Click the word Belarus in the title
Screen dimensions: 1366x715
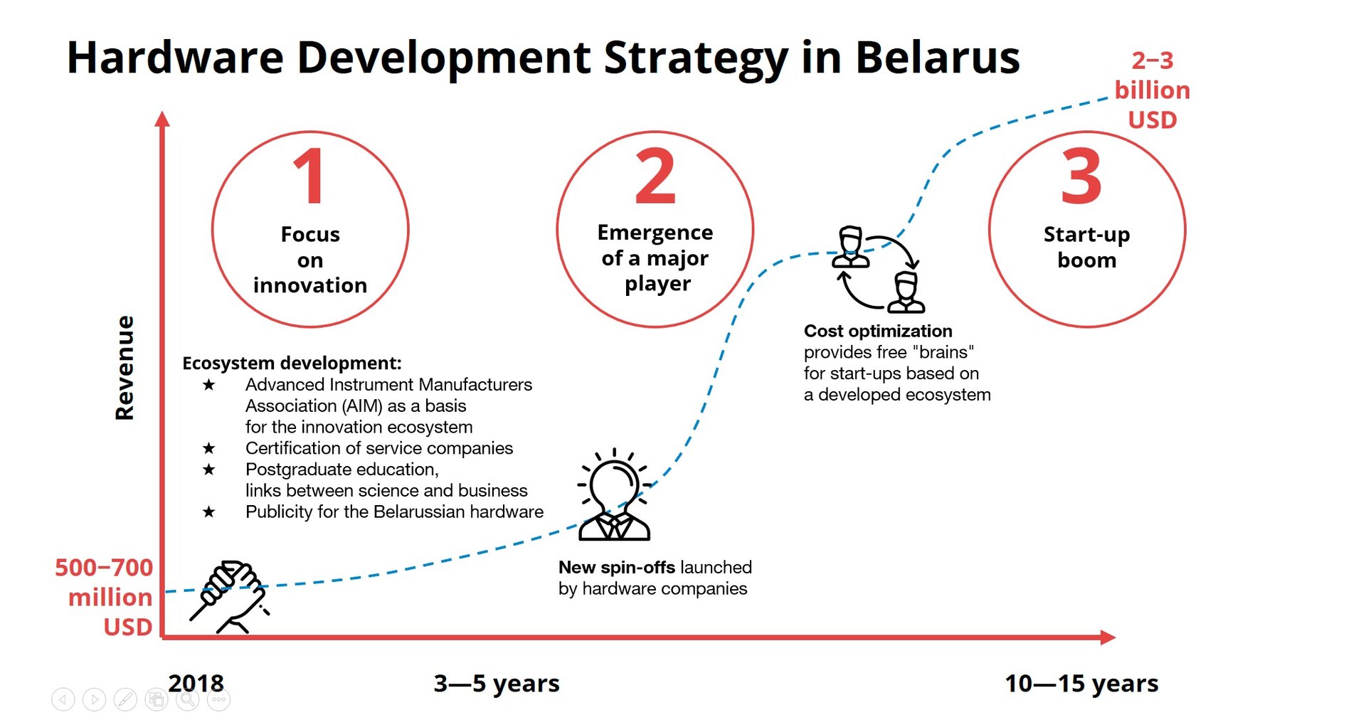(x=937, y=57)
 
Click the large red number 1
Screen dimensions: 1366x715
(x=309, y=176)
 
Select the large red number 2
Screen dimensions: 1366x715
(x=655, y=176)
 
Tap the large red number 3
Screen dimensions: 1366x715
(x=1081, y=176)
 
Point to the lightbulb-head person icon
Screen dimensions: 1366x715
(x=614, y=495)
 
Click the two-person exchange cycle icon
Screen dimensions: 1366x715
(x=879, y=270)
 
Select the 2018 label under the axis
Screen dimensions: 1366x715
(x=196, y=683)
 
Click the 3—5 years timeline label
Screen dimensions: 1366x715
(x=497, y=683)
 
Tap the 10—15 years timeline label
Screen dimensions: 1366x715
(x=1081, y=683)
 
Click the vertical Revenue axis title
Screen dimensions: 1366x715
(x=125, y=368)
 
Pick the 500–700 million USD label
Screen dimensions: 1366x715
(x=104, y=597)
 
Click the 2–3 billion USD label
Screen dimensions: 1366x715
(x=1153, y=90)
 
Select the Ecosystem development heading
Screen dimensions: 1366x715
(x=292, y=363)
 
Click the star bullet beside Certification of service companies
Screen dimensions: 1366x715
(x=208, y=448)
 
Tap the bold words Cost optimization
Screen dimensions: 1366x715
(x=878, y=331)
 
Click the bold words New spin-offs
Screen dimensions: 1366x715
(x=617, y=567)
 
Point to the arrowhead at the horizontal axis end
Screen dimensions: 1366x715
(x=1108, y=637)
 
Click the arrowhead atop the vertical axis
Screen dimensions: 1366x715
(x=162, y=119)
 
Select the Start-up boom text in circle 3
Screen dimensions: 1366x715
(x=1086, y=247)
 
